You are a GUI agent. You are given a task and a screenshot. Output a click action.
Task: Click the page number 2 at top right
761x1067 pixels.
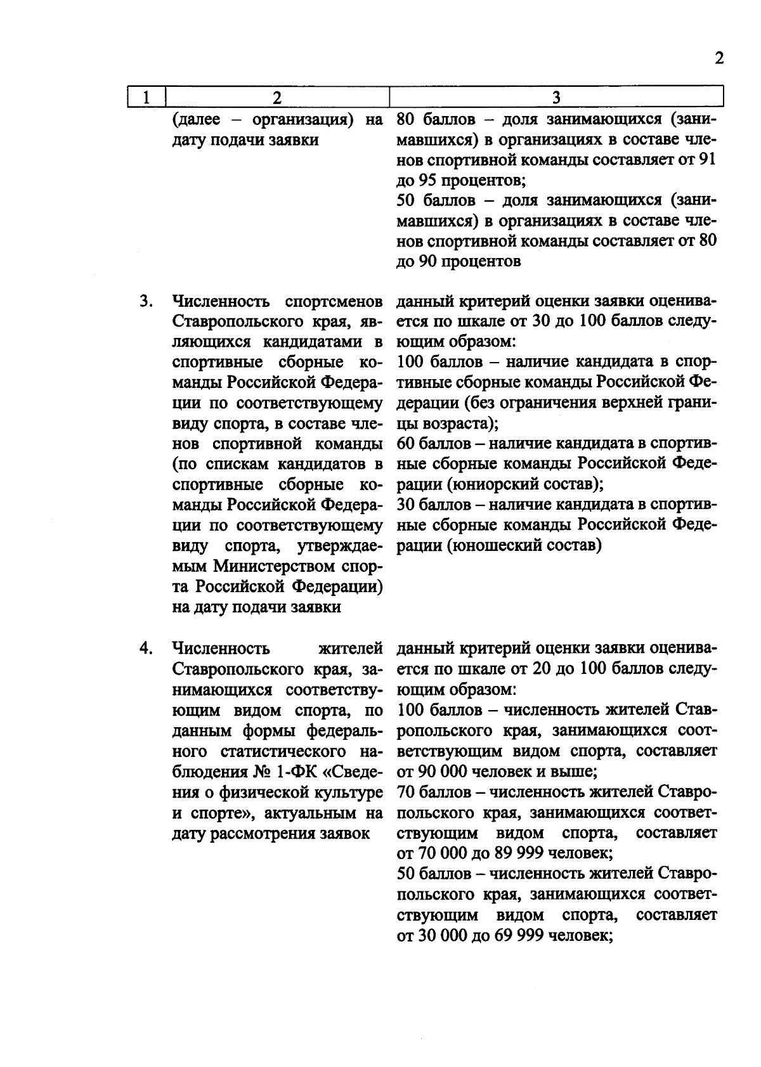point(719,59)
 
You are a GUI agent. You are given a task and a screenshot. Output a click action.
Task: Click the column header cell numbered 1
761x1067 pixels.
point(146,98)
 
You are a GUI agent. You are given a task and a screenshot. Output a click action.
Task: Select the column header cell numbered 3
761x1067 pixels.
point(556,98)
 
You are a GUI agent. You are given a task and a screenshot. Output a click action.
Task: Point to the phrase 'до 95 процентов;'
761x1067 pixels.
point(460,180)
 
